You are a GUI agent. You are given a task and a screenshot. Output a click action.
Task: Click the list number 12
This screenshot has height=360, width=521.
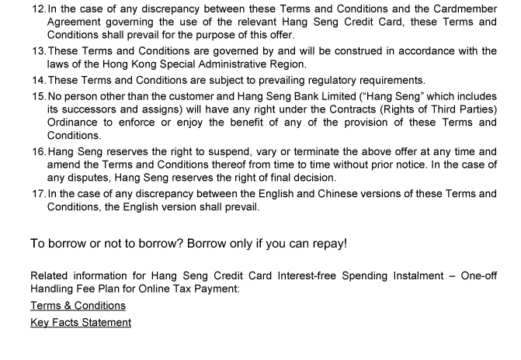click(x=38, y=9)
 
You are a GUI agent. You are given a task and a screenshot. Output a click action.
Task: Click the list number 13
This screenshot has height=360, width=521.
click(x=38, y=51)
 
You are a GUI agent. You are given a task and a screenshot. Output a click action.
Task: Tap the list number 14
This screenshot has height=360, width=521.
click(x=38, y=80)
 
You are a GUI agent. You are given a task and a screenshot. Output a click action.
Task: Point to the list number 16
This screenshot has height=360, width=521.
click(x=38, y=151)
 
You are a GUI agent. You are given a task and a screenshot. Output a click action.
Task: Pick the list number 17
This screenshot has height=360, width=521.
click(x=38, y=193)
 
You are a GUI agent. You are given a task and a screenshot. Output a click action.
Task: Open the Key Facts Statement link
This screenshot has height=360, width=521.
click(x=81, y=322)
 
